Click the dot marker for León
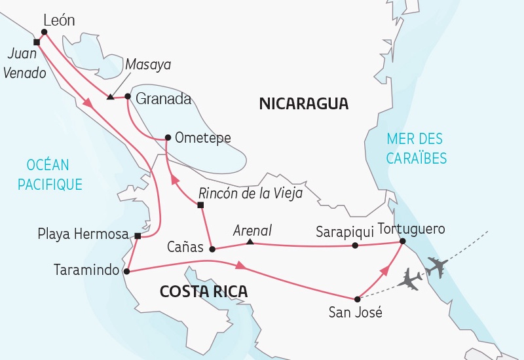pos(44,31)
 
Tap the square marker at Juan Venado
pos(37,43)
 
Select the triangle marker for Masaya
pos(110,98)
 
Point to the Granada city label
pos(164,99)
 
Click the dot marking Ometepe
pos(168,137)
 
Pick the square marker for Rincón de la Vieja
pos(201,206)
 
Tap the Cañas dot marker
pos(212,249)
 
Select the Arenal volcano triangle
pos(250,242)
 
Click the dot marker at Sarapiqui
pos(355,245)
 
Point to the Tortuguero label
pos(411,229)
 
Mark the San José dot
pos(357,298)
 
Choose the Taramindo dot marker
pos(126,270)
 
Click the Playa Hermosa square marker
pos(138,236)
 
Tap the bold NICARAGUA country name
pos(303,103)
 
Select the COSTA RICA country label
pos(204,292)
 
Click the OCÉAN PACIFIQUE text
pos(50,175)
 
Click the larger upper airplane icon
pos(436,267)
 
